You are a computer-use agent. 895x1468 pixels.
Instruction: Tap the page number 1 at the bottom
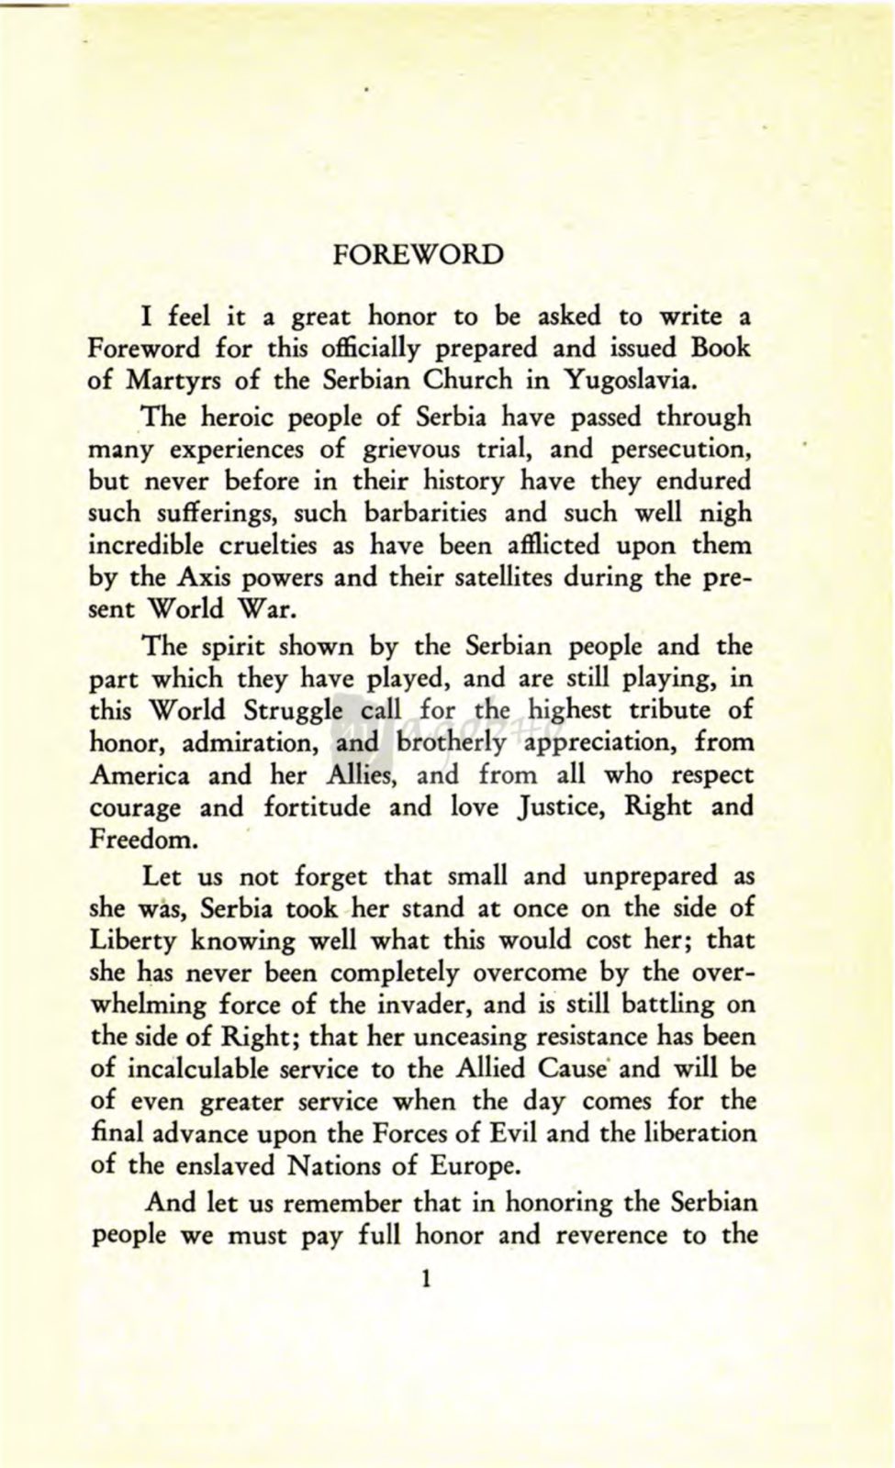[x=423, y=1279]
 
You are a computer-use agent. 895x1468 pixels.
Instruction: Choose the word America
[x=140, y=775]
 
